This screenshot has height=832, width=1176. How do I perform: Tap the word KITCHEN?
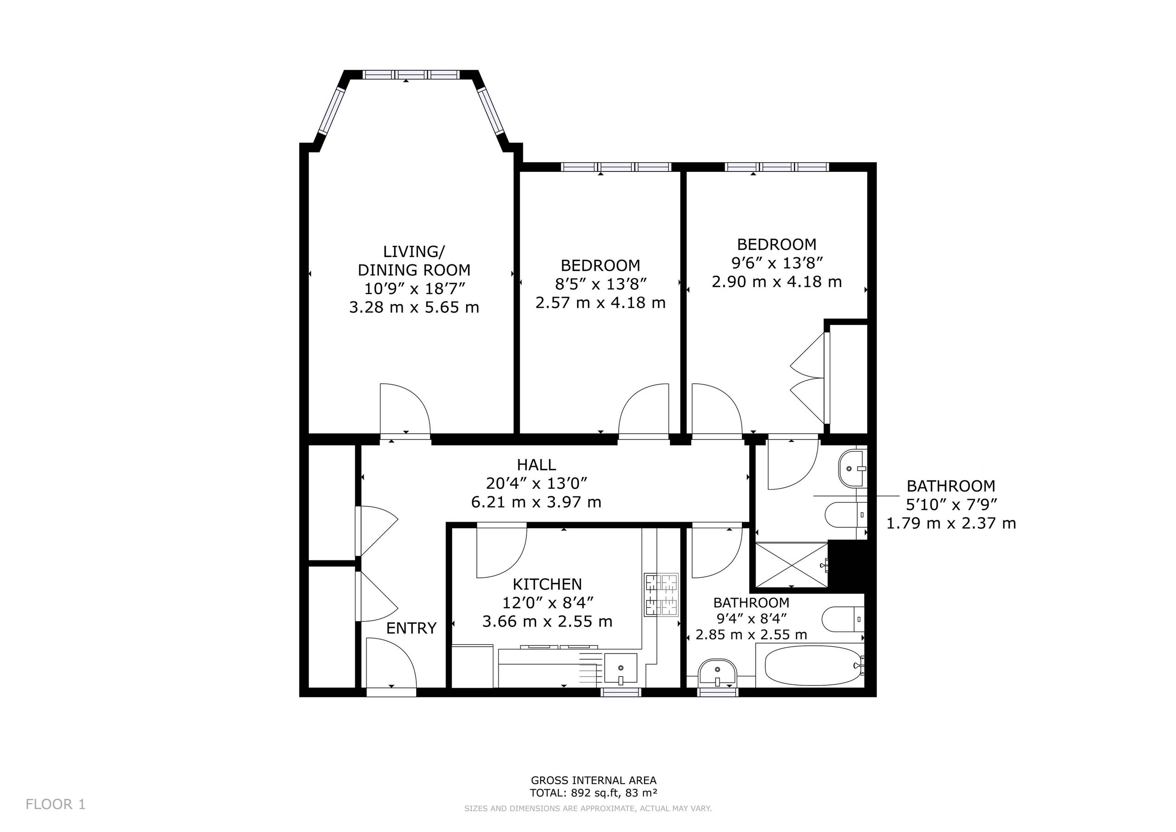[548, 584]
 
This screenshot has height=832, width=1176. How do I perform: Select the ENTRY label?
[411, 628]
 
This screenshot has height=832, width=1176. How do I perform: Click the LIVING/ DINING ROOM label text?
[414, 261]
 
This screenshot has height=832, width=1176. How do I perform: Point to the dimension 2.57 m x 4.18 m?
[600, 302]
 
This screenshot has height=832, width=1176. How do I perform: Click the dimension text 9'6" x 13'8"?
[776, 263]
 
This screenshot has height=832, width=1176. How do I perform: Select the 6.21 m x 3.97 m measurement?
[536, 502]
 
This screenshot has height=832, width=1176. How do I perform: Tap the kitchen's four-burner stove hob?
[661, 594]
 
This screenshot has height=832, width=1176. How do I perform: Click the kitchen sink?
[621, 668]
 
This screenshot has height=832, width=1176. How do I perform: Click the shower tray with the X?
[792, 565]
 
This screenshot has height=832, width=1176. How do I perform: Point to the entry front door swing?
[392, 662]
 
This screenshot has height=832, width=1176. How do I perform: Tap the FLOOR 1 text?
[55, 804]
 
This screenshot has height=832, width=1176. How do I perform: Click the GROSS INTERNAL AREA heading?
[594, 780]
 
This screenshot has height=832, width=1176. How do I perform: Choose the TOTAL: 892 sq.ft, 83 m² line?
[594, 793]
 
